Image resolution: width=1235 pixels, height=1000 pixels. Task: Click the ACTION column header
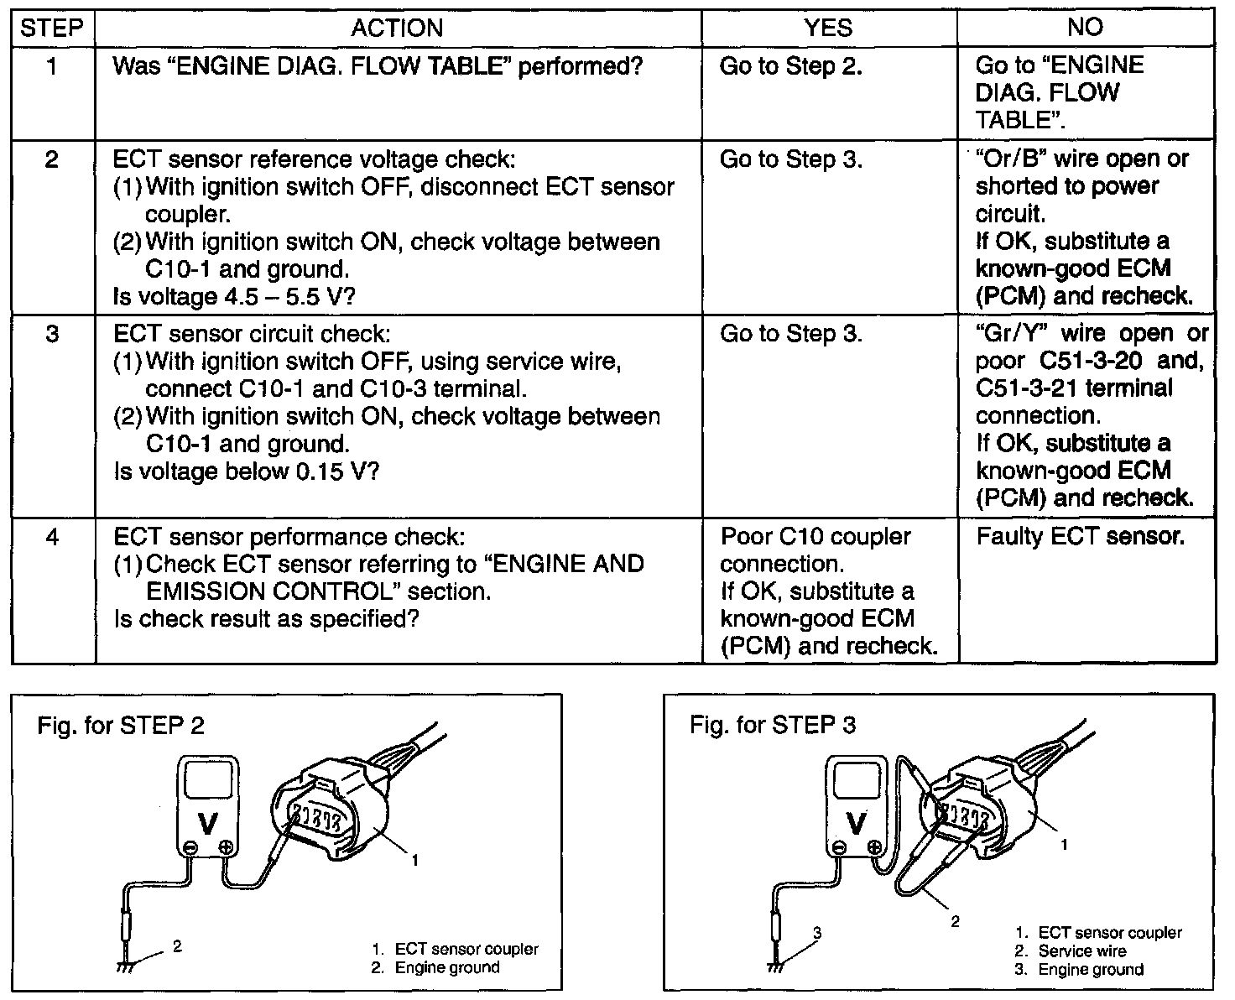397,28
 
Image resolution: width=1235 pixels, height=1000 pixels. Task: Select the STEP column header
52,28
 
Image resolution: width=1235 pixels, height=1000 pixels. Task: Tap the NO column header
1085,27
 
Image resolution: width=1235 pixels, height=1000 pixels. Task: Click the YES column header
828,27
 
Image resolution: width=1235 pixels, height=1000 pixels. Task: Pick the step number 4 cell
52,537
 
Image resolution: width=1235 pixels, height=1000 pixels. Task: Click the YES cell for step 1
791,66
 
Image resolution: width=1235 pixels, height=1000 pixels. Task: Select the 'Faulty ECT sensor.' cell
1080,536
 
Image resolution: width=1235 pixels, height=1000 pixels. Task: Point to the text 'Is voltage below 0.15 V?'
247,471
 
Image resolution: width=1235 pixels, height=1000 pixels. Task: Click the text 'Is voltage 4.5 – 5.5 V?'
234,297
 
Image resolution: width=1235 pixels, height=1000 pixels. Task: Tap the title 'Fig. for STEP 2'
121,725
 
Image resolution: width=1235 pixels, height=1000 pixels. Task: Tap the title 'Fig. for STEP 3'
773,725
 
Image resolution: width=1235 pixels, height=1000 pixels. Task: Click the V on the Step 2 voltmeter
207,823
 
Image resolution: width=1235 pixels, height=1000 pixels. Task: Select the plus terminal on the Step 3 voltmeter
873,847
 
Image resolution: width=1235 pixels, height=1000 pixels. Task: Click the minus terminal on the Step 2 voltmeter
190,848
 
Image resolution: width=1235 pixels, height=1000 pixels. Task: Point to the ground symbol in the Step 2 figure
125,967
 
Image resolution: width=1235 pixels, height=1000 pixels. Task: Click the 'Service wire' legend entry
1071,951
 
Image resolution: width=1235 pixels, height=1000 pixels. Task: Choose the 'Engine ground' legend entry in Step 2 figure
435,967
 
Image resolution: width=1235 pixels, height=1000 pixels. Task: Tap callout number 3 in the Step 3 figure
817,933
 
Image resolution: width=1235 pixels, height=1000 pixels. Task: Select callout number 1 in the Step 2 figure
415,860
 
